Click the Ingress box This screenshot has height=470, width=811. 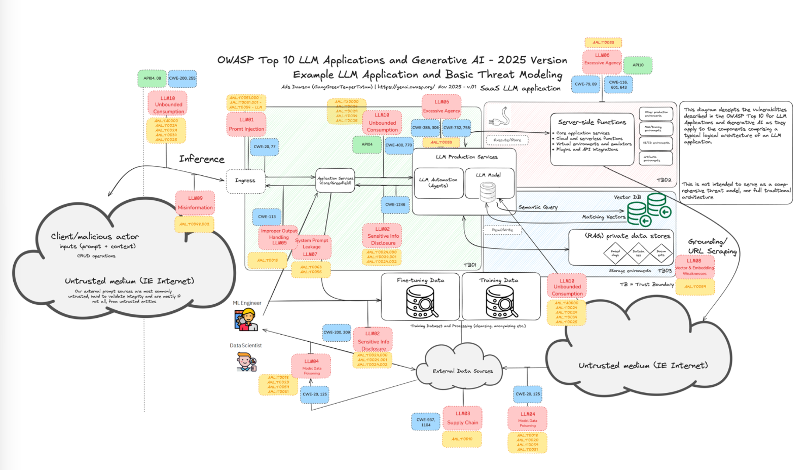245,181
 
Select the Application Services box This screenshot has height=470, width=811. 335,180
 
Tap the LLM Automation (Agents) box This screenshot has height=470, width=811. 438,183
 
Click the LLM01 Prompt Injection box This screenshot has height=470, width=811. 246,124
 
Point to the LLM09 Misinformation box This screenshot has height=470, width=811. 195,203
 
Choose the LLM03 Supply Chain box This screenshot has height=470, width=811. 462,418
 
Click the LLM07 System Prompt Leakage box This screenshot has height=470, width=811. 311,247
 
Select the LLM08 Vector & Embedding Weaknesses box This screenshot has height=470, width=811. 694,267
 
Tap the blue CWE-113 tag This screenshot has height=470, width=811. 267,216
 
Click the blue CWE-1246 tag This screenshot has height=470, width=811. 395,205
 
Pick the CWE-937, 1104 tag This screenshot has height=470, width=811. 426,422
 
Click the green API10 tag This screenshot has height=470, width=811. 638,65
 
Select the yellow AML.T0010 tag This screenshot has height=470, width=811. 462,439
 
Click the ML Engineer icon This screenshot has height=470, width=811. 246,320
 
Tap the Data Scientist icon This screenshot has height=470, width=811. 246,362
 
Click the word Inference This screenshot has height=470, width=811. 201,159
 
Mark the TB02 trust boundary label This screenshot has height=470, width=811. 663,180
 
